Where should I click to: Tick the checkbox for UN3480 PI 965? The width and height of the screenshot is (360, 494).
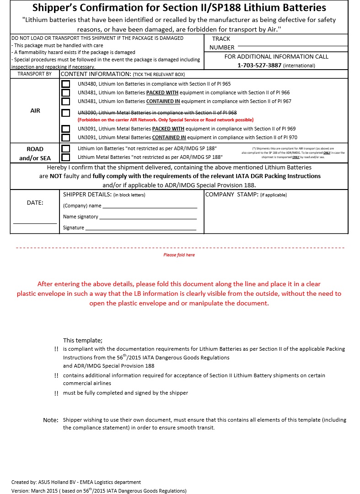tap(66, 84)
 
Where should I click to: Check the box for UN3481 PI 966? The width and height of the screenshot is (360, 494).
tap(66, 92)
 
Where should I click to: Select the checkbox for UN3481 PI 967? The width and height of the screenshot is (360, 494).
tap(66, 101)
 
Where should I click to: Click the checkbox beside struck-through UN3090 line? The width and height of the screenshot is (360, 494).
tap(66, 113)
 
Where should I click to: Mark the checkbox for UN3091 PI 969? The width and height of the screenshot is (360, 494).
tap(66, 129)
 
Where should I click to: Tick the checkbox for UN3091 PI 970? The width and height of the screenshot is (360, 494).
tap(66, 137)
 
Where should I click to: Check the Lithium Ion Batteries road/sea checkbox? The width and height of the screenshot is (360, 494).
tap(66, 149)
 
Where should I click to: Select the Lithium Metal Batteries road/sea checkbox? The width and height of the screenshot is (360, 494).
tap(66, 157)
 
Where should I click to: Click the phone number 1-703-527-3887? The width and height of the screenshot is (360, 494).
tap(258, 65)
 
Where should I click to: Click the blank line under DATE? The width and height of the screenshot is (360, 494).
tap(35, 223)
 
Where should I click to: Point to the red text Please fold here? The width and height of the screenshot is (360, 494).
tap(179, 255)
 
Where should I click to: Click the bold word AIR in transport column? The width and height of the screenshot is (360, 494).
tap(35, 111)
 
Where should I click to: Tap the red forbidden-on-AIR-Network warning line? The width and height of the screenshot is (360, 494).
tap(166, 119)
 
